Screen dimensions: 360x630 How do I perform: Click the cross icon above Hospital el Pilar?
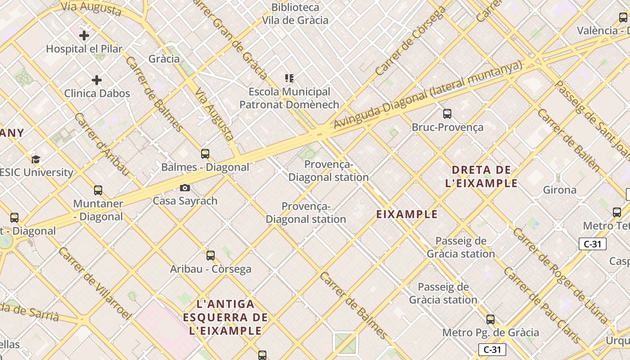pos(84,35)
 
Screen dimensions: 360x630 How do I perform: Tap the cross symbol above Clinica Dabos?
pos(96,80)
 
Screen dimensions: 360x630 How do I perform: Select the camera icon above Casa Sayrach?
pos(184,188)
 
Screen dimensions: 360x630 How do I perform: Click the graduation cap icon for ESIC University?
pos(36,159)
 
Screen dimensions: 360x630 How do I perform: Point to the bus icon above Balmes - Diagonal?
pos(205,154)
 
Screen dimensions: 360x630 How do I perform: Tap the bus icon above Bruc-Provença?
pos(447,114)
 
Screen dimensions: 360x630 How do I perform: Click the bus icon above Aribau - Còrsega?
pos(210,256)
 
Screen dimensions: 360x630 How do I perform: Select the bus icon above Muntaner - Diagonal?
pos(98,190)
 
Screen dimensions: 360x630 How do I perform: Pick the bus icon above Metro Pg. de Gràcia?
pos(490,319)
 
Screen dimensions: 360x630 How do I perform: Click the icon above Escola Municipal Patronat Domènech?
pos(289,78)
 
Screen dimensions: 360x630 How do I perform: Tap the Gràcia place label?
pos(164,59)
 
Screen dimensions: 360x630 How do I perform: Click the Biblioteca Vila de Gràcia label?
pos(295,14)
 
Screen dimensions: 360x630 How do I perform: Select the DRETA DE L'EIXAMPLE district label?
pos(481,176)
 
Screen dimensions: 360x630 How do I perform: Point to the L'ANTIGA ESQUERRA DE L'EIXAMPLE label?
pos(225,317)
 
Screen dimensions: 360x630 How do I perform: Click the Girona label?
pos(559,190)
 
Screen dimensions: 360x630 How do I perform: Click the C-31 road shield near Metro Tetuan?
pos(592,244)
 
